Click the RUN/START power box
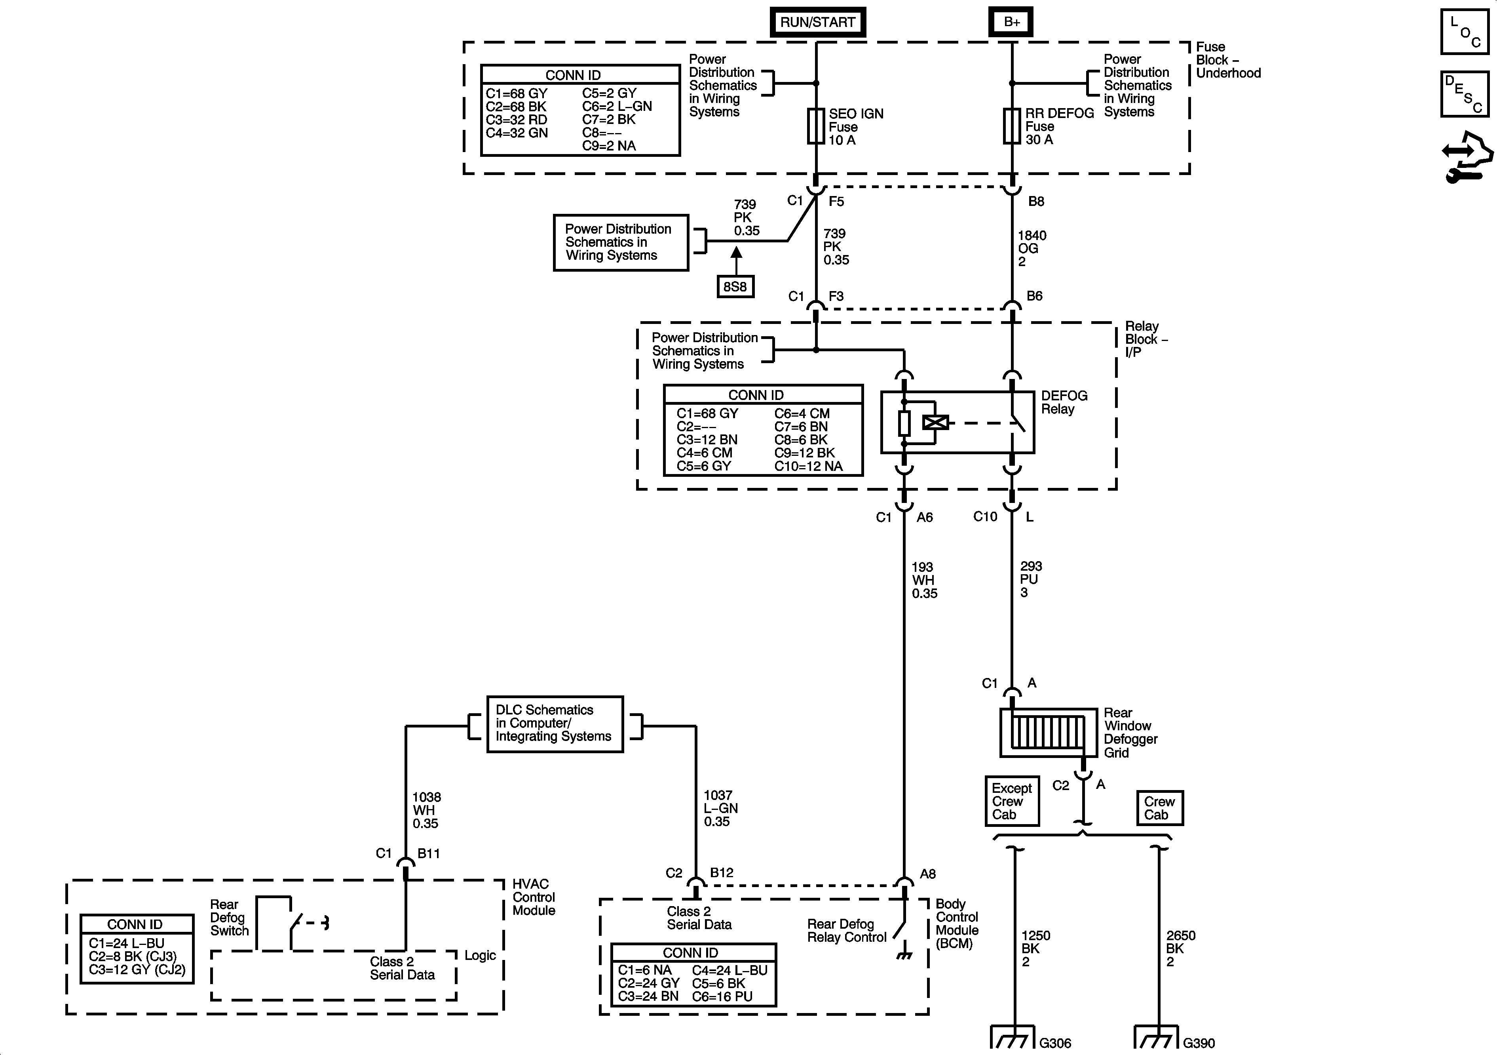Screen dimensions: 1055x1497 [x=818, y=22]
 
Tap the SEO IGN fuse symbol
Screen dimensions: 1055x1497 [x=816, y=126]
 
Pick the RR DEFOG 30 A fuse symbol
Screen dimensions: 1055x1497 [x=1011, y=126]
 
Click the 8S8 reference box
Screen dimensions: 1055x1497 [x=735, y=286]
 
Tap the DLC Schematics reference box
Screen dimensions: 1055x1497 [x=555, y=724]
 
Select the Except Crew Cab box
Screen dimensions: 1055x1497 [x=1011, y=801]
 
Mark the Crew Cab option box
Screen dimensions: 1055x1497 [x=1159, y=808]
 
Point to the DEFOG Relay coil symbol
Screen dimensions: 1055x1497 [x=936, y=423]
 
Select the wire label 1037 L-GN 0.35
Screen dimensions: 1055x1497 [x=720, y=808]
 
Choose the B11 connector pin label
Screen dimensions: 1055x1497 [x=428, y=853]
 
